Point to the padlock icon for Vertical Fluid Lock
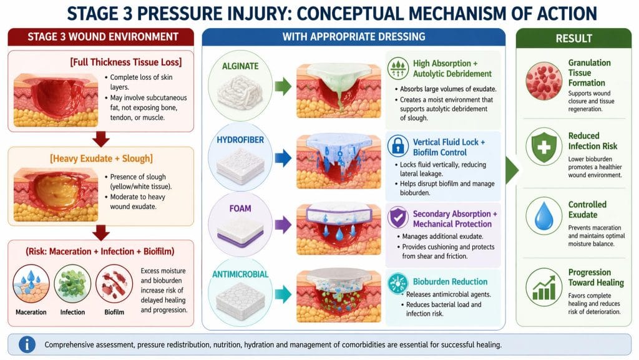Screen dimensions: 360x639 click(x=398, y=147)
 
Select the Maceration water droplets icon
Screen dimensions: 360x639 click(x=31, y=285)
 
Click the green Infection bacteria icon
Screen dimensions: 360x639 click(x=72, y=285)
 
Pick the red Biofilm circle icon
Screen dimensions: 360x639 click(x=114, y=285)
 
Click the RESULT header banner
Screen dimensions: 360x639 click(x=573, y=39)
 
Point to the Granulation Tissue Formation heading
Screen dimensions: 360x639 click(x=590, y=73)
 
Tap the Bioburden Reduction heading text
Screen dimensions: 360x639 click(x=442, y=281)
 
